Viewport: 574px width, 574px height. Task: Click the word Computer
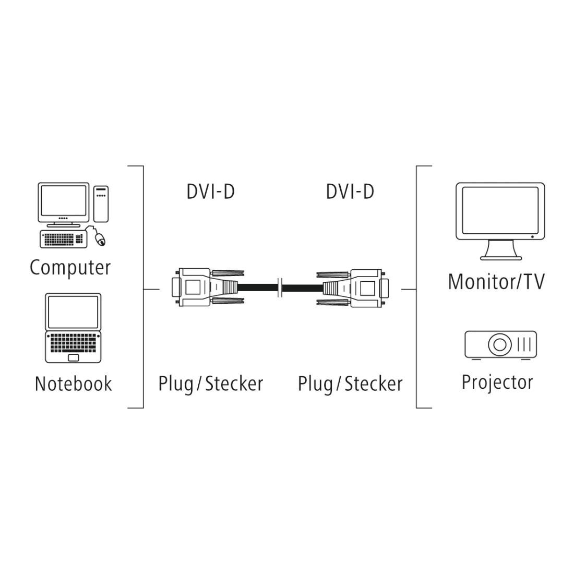[70, 268]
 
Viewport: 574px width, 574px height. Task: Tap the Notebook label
[73, 384]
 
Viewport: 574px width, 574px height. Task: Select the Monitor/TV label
[496, 282]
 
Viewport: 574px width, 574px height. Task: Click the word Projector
[497, 382]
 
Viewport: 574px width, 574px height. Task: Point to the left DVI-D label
[210, 192]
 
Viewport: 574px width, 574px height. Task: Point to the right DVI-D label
[350, 192]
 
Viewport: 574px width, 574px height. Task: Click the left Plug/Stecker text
[210, 384]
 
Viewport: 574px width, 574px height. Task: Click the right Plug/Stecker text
[350, 384]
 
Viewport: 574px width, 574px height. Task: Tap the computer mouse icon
[100, 239]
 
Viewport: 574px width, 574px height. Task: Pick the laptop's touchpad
[74, 357]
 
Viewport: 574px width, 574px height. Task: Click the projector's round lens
[499, 344]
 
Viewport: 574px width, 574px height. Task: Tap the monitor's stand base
[500, 257]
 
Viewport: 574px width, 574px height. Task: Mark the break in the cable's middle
[281, 287]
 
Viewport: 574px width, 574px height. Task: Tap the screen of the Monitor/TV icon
[500, 210]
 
